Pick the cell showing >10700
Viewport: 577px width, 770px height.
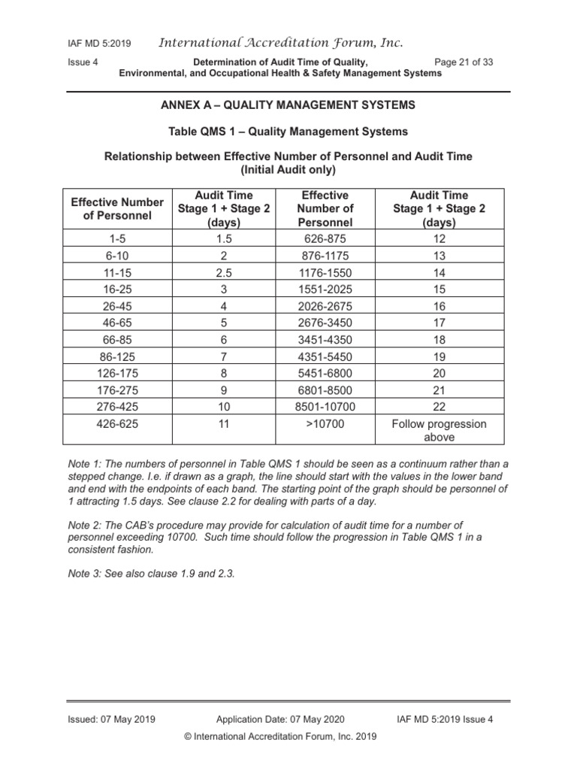(x=325, y=424)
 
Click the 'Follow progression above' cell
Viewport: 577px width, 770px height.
(x=439, y=430)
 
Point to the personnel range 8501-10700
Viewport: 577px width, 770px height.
(x=325, y=406)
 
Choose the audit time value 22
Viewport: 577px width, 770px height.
(x=439, y=406)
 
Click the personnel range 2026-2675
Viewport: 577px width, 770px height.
(x=325, y=306)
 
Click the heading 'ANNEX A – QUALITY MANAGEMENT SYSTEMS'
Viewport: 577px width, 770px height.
(x=288, y=105)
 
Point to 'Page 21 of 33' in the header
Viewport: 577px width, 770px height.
(x=464, y=62)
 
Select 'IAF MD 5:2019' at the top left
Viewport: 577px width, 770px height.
(x=98, y=44)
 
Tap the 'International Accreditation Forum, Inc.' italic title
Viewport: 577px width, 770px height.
(x=280, y=43)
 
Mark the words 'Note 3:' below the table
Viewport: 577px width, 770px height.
(x=86, y=573)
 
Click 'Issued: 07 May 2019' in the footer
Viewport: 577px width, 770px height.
(x=111, y=719)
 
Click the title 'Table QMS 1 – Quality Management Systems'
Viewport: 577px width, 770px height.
(x=288, y=132)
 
